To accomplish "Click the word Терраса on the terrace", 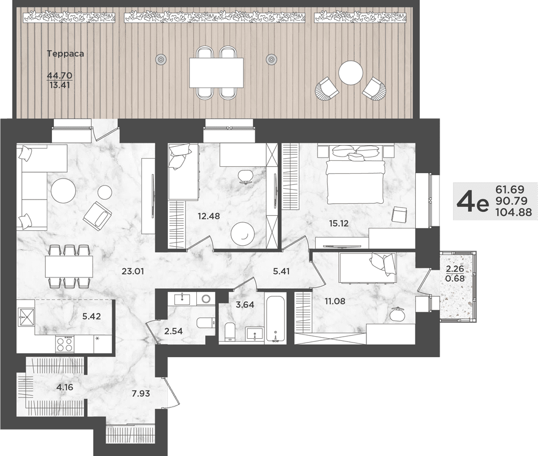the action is [x=66, y=53].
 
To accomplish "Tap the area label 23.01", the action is [x=133, y=272].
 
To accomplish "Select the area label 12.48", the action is [x=209, y=216].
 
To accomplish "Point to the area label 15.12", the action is [x=338, y=224].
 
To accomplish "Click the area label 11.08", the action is [x=335, y=302].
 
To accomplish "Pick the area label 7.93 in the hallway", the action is [x=140, y=393].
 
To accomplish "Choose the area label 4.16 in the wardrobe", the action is [x=65, y=387].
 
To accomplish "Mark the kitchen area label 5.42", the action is [x=91, y=316].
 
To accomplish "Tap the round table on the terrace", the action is [x=350, y=73].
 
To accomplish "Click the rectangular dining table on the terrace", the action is [x=216, y=73].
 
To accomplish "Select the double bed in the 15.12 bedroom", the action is [x=354, y=175].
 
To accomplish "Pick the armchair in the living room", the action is [x=97, y=214].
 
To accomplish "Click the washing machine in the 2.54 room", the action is [x=206, y=300].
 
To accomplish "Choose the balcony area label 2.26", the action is [x=455, y=268].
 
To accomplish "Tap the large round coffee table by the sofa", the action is [x=63, y=192].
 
